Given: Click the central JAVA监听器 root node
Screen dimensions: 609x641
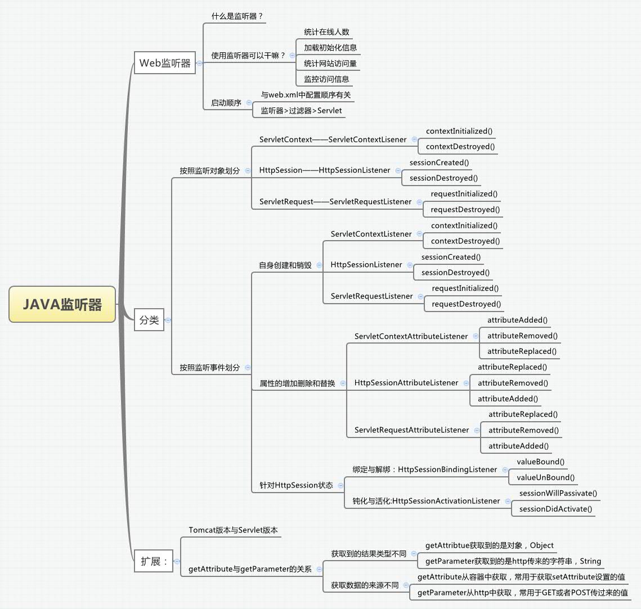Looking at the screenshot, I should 62,304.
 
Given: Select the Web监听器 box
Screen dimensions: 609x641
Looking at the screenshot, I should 165,63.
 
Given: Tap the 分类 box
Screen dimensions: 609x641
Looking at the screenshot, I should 149,320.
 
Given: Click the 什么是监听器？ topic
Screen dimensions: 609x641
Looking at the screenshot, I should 237,16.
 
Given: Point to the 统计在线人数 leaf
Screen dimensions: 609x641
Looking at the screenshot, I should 327,32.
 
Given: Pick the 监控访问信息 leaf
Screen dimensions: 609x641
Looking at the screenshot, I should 326,79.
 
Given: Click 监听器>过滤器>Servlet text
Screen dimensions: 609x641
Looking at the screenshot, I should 301,111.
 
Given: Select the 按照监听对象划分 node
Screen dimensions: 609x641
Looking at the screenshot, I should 209,170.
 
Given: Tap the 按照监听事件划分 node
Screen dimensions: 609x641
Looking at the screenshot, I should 209,367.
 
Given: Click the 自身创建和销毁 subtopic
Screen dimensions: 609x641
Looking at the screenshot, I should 285,265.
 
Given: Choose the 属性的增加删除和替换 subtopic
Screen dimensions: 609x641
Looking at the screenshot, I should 297,384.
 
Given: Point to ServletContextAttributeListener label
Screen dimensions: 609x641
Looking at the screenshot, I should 411,336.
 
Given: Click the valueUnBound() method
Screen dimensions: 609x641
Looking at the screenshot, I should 545,477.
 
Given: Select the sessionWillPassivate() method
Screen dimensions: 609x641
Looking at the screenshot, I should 558,493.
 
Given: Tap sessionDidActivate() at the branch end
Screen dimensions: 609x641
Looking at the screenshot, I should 555,509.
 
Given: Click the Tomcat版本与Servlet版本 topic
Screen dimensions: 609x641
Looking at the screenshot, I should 233,530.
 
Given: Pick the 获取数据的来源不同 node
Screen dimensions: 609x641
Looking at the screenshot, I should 365,585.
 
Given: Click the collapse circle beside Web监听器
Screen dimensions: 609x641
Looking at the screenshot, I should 199,64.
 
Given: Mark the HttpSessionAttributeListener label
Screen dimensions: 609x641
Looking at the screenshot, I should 406,383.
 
